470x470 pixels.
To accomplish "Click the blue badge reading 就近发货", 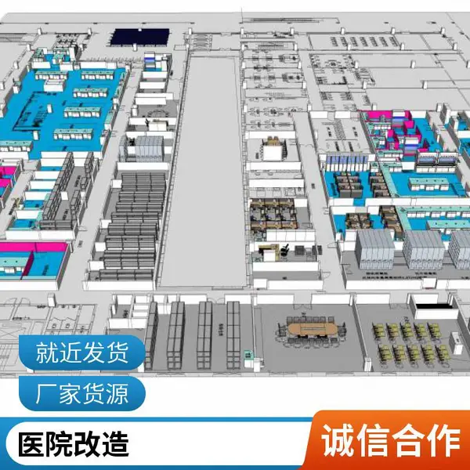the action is tap(81, 352).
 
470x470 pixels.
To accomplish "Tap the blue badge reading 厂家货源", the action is tap(81, 393).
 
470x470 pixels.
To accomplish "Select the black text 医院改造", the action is tap(74, 444).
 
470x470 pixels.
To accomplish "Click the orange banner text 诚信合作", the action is tap(390, 440).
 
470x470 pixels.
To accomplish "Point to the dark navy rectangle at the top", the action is tap(139, 37).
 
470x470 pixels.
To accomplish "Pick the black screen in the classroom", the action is tap(433, 306).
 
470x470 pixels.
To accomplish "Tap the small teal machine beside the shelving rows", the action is tap(248, 355).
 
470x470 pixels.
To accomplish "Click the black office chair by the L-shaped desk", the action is tap(284, 249).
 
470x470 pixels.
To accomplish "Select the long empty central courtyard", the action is tap(204, 171).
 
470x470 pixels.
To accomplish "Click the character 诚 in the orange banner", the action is tap(338, 440).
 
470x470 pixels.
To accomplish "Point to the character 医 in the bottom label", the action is tap(32, 444).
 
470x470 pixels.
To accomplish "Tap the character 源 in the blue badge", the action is tap(117, 393).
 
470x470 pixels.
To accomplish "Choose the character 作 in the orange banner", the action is tap(443, 440).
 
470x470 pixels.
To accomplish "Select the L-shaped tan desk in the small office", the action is tap(270, 248).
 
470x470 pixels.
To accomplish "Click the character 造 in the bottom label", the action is tap(115, 444).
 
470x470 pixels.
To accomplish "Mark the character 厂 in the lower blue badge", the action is tap(47, 393).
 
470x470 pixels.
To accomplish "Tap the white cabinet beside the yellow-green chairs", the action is tap(455, 342).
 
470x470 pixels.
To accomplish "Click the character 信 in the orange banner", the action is tap(373, 440).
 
